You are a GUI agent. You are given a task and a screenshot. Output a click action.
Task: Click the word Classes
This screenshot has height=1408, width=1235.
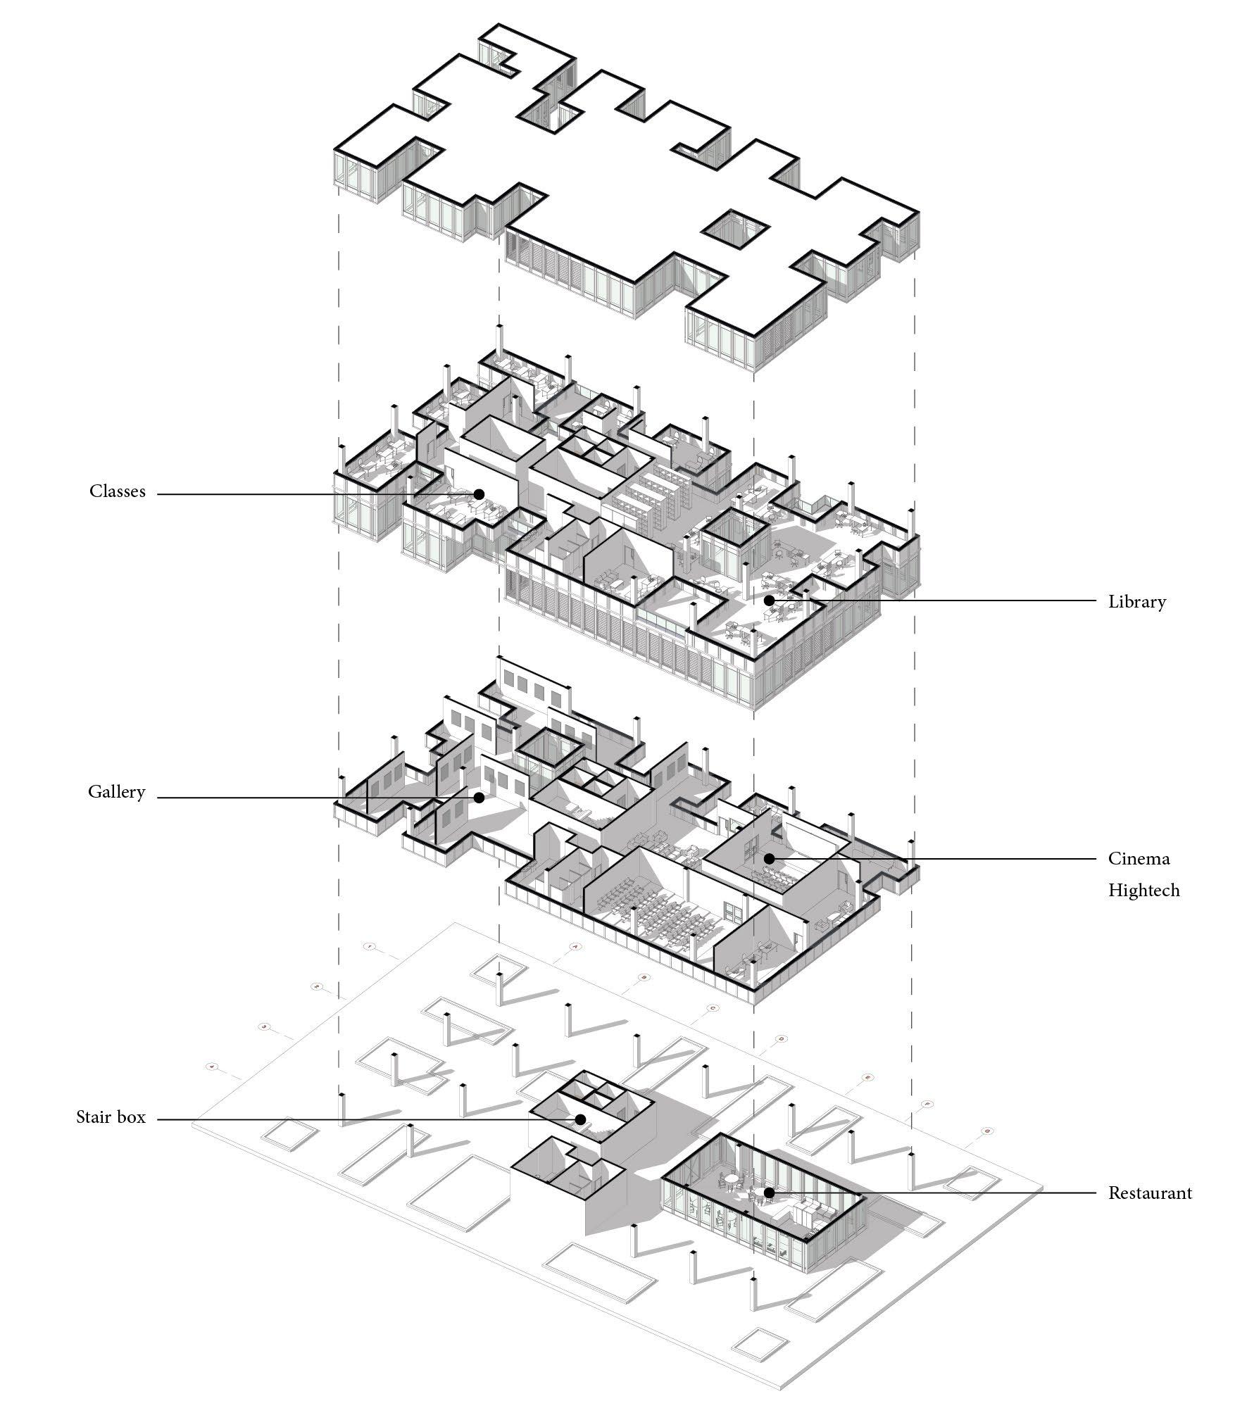(x=117, y=491)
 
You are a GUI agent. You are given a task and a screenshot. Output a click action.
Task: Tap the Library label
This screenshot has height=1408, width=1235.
(x=1136, y=602)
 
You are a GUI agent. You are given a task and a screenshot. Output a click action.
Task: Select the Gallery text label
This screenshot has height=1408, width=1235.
(x=116, y=792)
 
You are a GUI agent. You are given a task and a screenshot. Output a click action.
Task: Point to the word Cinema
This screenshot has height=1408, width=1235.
(x=1139, y=858)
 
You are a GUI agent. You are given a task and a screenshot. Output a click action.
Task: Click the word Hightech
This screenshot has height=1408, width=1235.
(x=1143, y=890)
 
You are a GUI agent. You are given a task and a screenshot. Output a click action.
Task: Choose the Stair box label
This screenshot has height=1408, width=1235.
(x=111, y=1117)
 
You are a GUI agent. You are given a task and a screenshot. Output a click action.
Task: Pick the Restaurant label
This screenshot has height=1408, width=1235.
(x=1150, y=1193)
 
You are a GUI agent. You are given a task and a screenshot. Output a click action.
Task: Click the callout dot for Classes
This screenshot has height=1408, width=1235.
(x=479, y=494)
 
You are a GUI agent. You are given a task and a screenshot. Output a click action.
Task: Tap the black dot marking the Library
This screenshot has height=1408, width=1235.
(x=769, y=601)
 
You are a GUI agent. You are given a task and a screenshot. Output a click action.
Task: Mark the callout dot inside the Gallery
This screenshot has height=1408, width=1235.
(x=479, y=798)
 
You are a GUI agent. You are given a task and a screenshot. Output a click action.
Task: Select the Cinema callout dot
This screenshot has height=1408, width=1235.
(x=769, y=859)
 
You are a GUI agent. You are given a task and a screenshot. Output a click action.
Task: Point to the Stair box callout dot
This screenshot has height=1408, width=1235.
(x=580, y=1119)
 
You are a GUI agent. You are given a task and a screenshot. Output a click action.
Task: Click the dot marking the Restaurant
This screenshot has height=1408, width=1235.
(x=769, y=1193)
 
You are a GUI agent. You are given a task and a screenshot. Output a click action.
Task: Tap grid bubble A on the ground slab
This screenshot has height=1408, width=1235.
(x=575, y=948)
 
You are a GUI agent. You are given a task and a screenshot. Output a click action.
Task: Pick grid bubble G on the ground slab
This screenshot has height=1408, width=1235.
(x=987, y=1131)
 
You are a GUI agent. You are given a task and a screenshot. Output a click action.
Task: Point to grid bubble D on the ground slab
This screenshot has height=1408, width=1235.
(x=780, y=1039)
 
